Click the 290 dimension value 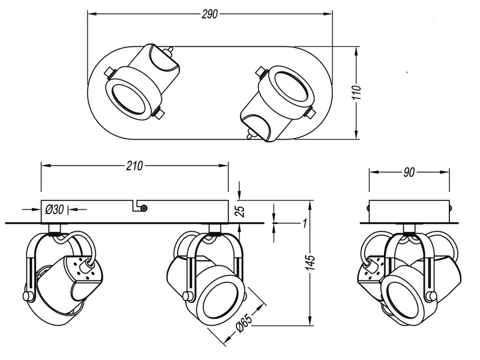pyautogui.click(x=209, y=14)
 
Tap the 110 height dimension pyautogui.click(x=356, y=92)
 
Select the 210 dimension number pyautogui.click(x=134, y=166)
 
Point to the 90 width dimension pyautogui.click(x=409, y=172)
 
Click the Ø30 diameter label pyautogui.click(x=55, y=209)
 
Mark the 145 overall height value pyautogui.click(x=311, y=262)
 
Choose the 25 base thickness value pyautogui.click(x=241, y=211)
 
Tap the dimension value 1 pyautogui.click(x=304, y=223)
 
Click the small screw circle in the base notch pyautogui.click(x=145, y=208)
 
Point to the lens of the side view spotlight pyautogui.click(x=403, y=299)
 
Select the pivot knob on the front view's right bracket pyautogui.click(x=187, y=295)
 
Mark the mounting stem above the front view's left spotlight pyautogui.click(x=55, y=229)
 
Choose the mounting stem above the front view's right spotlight pyautogui.click(x=215, y=229)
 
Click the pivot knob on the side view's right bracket pyautogui.click(x=433, y=296)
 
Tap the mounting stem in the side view pyautogui.click(x=409, y=229)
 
